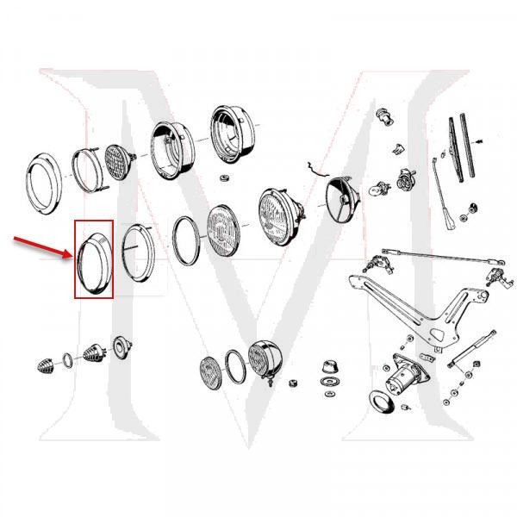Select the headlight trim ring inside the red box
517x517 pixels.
(x=94, y=258)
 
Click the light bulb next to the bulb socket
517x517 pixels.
(x=376, y=184)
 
